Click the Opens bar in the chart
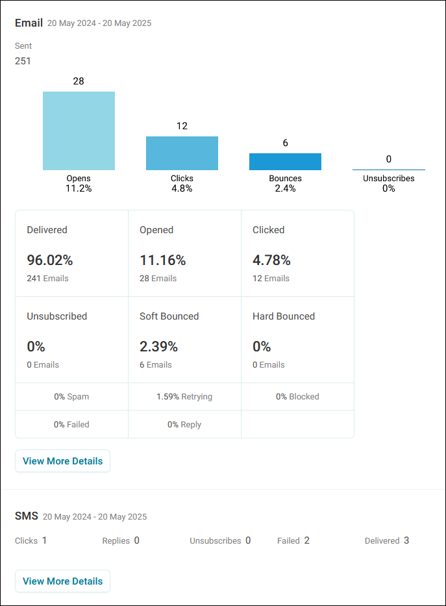click(x=79, y=131)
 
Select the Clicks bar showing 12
click(x=182, y=153)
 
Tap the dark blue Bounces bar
click(x=286, y=162)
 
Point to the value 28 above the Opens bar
click(x=79, y=81)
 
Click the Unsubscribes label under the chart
click(x=388, y=179)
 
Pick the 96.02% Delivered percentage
click(x=50, y=260)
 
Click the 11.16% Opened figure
click(x=162, y=260)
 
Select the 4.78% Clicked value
click(x=271, y=260)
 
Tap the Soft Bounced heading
click(x=169, y=316)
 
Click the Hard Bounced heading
click(x=284, y=316)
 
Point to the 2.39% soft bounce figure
click(x=158, y=347)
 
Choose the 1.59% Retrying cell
click(x=184, y=396)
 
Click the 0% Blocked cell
click(x=297, y=396)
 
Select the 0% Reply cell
click(x=184, y=424)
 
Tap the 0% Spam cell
click(x=71, y=396)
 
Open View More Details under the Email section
click(x=62, y=461)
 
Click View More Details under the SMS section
click(x=62, y=581)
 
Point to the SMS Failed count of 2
click(x=306, y=540)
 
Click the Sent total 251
click(x=23, y=61)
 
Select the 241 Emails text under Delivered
click(x=47, y=278)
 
